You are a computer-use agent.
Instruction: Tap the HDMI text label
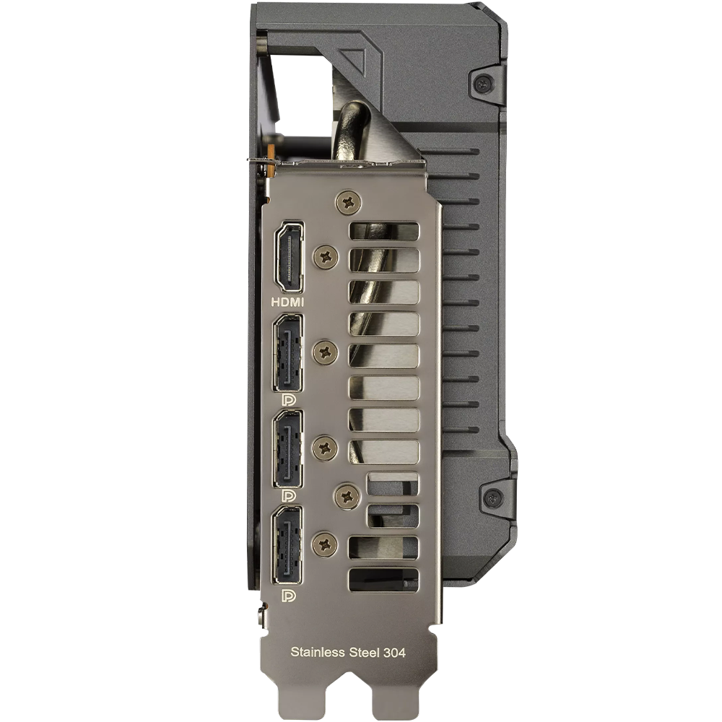click(x=288, y=302)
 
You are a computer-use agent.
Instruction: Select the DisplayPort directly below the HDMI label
click(x=288, y=353)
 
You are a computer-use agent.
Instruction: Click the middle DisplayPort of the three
click(x=288, y=449)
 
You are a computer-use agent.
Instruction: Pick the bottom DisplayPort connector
click(x=288, y=545)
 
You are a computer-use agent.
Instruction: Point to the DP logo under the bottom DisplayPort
click(x=288, y=596)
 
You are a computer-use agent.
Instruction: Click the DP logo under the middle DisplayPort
click(x=288, y=495)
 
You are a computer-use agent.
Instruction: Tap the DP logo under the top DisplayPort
click(x=288, y=399)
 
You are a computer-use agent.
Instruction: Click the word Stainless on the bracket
click(x=318, y=652)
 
